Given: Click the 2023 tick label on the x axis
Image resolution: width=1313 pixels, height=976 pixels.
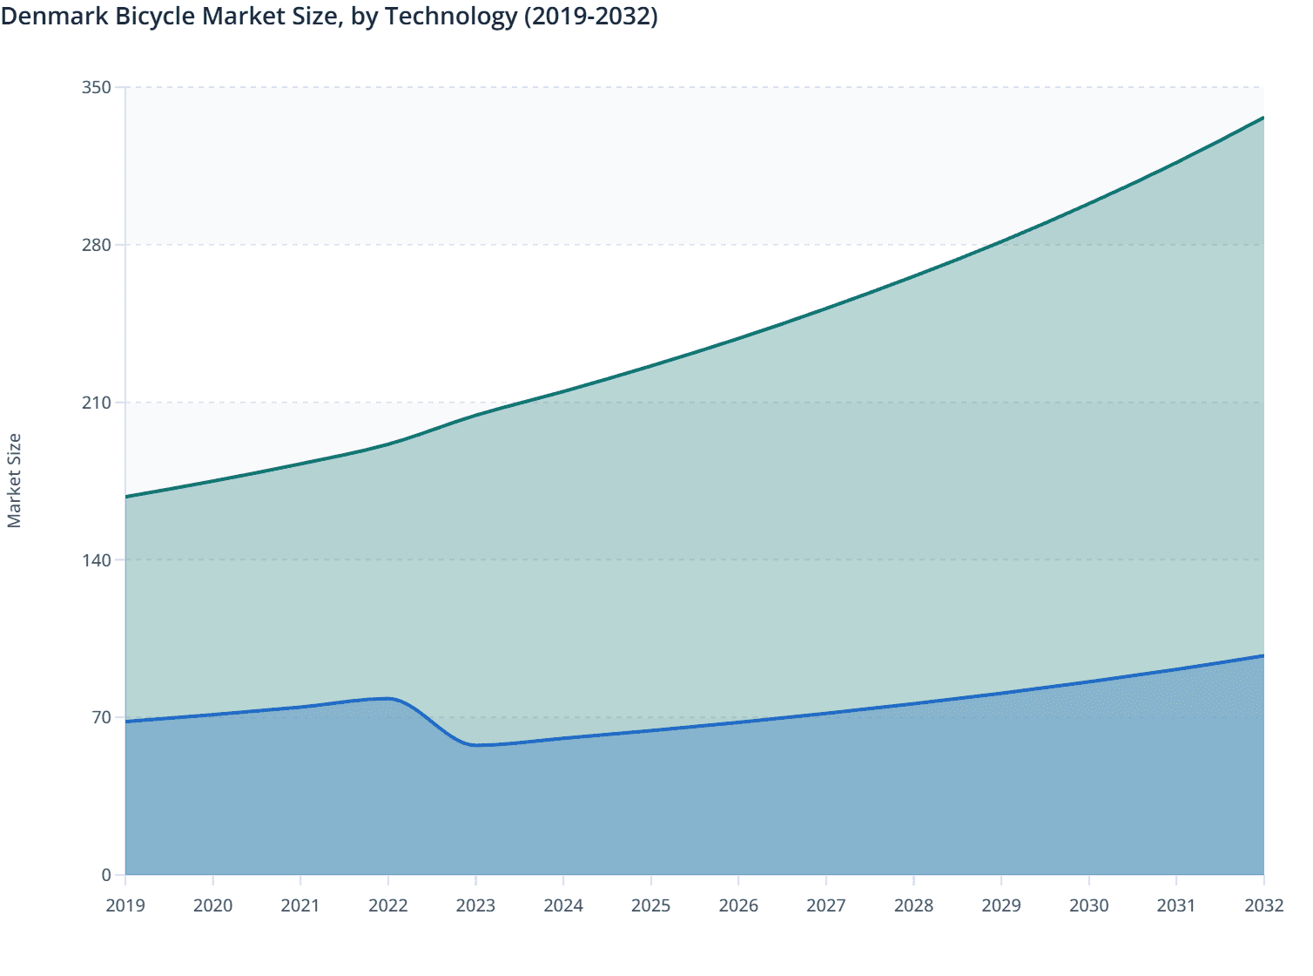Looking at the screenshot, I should tap(475, 905).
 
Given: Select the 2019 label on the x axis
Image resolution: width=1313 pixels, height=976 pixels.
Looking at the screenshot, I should tap(125, 905).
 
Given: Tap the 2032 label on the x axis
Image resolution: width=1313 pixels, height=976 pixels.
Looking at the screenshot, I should tap(1263, 905).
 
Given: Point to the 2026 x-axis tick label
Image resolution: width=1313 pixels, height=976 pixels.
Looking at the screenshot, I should tap(738, 905).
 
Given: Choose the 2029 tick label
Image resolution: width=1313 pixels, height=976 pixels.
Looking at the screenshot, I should tap(1001, 905).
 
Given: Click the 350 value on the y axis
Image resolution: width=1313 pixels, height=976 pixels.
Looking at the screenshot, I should tap(97, 87).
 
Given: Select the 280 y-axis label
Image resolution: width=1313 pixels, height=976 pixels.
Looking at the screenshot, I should tap(97, 245).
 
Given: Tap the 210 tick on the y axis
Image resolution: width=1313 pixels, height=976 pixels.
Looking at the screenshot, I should tap(97, 403).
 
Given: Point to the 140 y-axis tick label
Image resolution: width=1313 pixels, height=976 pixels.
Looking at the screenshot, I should tap(97, 559).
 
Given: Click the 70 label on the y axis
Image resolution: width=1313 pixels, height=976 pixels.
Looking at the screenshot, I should tap(102, 717).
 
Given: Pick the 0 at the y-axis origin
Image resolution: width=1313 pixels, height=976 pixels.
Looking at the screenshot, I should tap(106, 875).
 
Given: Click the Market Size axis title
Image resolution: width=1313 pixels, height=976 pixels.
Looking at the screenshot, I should tap(14, 480).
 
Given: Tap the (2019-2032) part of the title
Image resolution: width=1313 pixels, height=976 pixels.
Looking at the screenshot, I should tap(590, 17).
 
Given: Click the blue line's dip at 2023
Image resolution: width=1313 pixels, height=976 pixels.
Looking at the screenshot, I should tap(477, 745).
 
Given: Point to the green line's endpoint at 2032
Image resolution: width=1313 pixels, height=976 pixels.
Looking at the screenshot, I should tap(1262, 118).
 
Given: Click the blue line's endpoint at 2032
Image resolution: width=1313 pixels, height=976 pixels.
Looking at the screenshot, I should tap(1262, 655).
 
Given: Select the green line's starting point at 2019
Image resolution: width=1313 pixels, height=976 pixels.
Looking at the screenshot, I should tap(126, 497).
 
